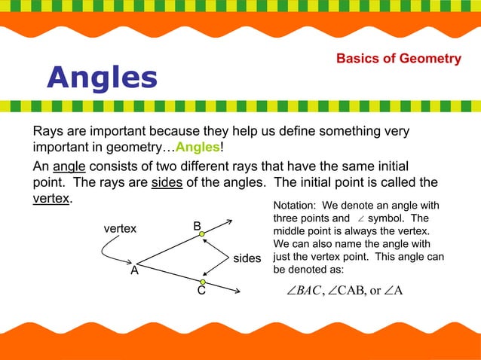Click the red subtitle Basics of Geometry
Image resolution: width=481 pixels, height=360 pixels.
pyautogui.click(x=398, y=59)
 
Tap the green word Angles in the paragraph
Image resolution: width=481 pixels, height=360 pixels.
pyautogui.click(x=198, y=146)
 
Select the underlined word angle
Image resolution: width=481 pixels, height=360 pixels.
pyautogui.click(x=69, y=166)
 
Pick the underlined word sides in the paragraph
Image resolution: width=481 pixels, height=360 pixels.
pyautogui.click(x=167, y=183)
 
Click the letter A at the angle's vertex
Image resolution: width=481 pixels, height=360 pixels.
pyautogui.click(x=134, y=271)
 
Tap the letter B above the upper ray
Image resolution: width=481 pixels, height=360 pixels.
pyautogui.click(x=196, y=225)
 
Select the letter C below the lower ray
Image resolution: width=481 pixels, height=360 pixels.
pyautogui.click(x=201, y=292)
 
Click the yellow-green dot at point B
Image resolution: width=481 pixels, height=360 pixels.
pyautogui.click(x=202, y=235)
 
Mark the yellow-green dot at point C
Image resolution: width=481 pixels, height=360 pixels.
pyautogui.click(x=203, y=282)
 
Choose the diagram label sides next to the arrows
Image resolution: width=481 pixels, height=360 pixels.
pyautogui.click(x=247, y=259)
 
